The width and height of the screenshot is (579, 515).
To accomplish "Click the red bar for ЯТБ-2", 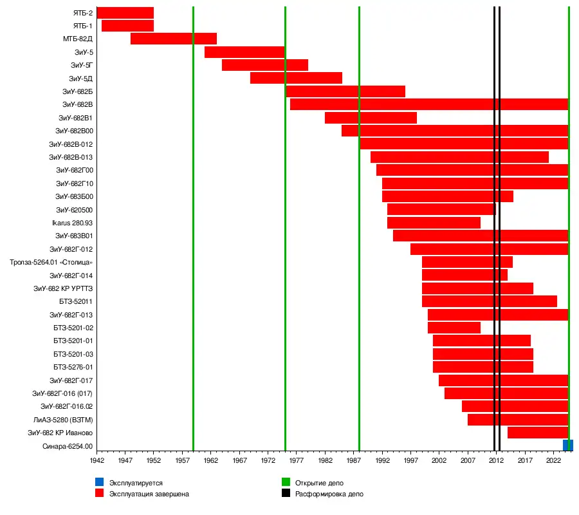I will pos(125,12).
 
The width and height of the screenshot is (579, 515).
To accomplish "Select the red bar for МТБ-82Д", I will pos(173,39).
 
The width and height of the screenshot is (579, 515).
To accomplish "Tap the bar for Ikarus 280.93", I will pos(434,223).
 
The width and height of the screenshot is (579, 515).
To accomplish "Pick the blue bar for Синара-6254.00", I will pos(567,445).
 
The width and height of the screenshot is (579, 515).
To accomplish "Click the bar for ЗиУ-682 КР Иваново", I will pos(538,433).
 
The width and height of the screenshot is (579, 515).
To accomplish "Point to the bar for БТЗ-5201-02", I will pos(454,328).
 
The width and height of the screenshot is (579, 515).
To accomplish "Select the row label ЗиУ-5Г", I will pos(82,65).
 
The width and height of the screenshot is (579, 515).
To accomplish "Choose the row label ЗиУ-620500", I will pos(74,210).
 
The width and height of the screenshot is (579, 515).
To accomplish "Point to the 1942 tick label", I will pos(96,461).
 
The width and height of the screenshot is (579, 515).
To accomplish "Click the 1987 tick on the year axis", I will pos(353,461).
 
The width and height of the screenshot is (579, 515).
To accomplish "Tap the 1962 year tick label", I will pos(210,461).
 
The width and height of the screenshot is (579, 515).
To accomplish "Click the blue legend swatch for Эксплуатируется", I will pos(99,482).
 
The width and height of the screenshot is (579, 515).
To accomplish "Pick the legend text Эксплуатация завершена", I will pos(149,494).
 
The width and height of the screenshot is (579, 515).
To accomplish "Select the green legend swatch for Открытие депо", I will pos(286,482).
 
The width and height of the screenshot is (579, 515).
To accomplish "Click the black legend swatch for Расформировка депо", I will pos(286,494).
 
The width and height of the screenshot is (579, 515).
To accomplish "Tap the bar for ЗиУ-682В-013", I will pos(459,157).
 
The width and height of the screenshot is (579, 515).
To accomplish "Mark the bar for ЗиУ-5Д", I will pos(296,78).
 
